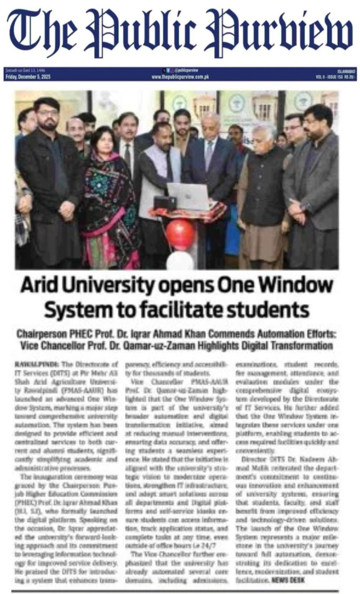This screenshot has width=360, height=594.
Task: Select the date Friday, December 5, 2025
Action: tap(28, 77)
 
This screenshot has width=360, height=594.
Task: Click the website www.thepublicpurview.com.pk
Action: tap(180, 77)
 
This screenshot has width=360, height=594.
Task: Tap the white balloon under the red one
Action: tap(180, 261)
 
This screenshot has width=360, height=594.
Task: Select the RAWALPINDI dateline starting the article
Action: tap(30, 361)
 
